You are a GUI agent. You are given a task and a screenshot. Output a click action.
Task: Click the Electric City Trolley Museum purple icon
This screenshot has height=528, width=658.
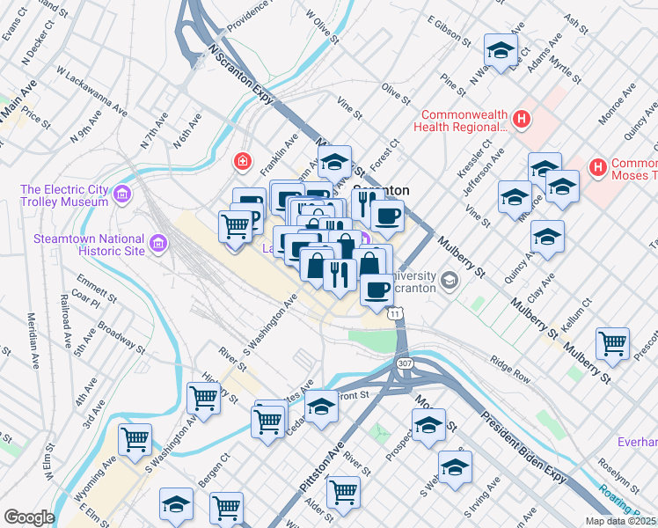[122, 194]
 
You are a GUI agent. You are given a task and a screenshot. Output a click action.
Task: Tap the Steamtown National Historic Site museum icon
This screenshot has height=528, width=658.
[158, 243]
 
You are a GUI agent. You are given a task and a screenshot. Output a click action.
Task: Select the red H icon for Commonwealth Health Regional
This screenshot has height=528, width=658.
[522, 119]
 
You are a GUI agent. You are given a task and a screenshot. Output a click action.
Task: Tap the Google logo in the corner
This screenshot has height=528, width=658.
[29, 517]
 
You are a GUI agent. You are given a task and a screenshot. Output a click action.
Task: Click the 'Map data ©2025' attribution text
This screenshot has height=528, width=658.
[620, 521]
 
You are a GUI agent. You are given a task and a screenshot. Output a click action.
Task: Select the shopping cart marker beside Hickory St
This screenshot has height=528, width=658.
[203, 398]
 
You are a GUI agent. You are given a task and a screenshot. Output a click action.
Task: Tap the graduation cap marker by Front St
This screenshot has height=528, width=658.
[321, 407]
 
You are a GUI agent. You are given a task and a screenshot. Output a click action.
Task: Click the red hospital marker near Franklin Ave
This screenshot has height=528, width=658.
[241, 162]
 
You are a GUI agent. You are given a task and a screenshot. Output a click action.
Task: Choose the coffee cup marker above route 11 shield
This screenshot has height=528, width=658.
[377, 290]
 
